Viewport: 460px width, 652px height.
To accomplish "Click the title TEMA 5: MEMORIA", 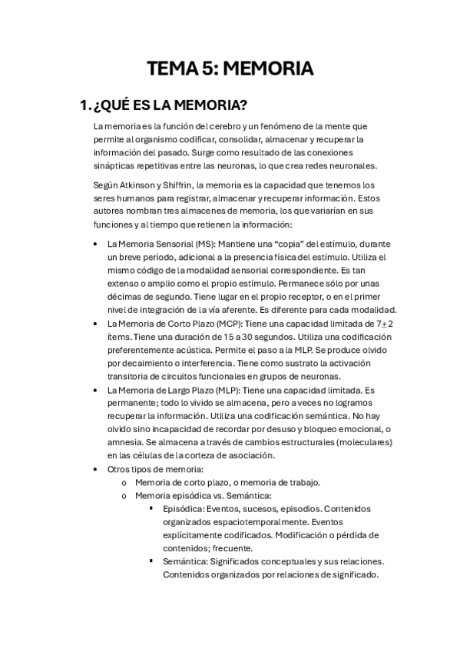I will pos(230,69).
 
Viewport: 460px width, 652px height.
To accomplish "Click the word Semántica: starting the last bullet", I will pos(184,562).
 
